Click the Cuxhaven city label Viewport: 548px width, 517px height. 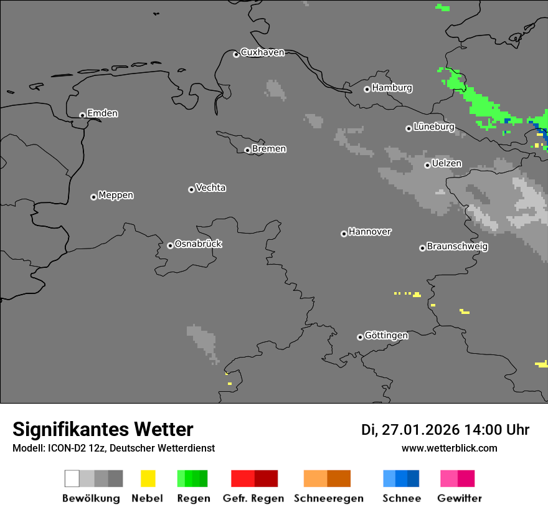(262, 52)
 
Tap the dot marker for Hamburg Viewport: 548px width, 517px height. (367, 89)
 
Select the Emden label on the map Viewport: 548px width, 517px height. (102, 113)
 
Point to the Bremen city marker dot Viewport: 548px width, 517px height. (247, 150)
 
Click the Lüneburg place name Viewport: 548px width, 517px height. (433, 126)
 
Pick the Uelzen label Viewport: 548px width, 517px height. (446, 163)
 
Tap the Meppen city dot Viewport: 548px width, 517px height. (93, 197)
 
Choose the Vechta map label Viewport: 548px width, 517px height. (210, 187)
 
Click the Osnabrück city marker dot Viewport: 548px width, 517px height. (170, 245)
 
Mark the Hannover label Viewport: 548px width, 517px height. (369, 232)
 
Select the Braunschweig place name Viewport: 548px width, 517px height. (457, 246)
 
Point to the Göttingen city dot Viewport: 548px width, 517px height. (360, 337)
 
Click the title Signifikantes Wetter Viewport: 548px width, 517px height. (103, 429)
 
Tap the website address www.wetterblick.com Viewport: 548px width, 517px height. (449, 448)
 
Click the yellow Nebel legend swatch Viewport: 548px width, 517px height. (148, 478)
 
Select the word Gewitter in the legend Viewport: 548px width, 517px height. (459, 498)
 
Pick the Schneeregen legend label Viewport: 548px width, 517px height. (328, 498)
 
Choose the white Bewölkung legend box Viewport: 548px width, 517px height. (72, 478)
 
